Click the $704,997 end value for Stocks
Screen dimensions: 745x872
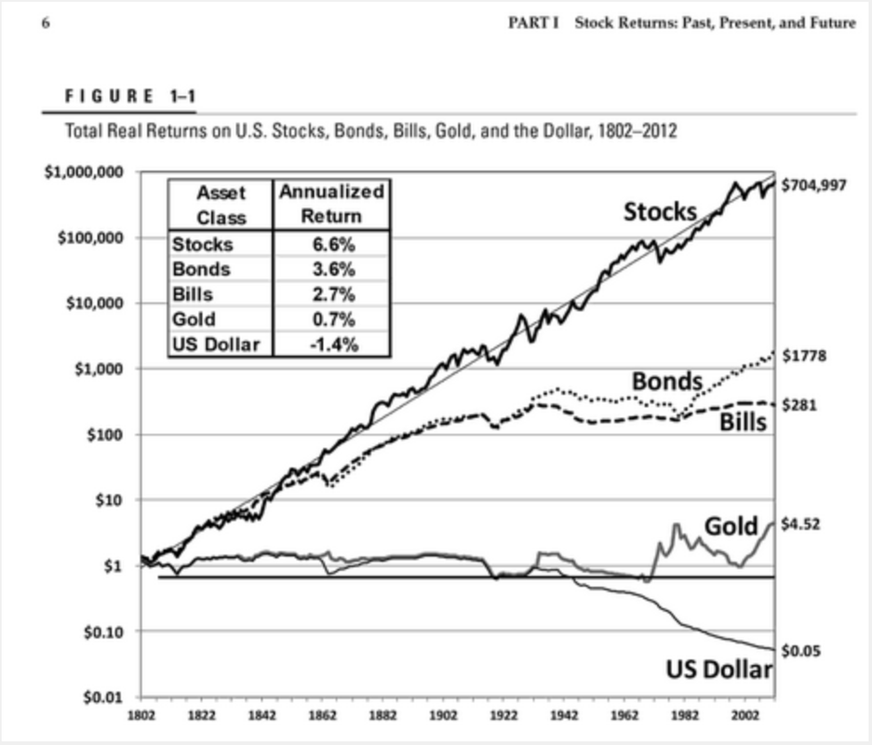click(x=814, y=185)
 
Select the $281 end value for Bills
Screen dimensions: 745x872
click(x=799, y=404)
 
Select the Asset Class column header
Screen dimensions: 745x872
click(x=221, y=204)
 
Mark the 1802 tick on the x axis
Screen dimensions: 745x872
click(x=141, y=717)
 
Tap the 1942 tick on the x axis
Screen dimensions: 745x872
click(x=564, y=717)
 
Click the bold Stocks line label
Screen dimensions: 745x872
click(x=661, y=212)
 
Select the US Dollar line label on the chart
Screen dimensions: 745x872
click(x=719, y=670)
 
